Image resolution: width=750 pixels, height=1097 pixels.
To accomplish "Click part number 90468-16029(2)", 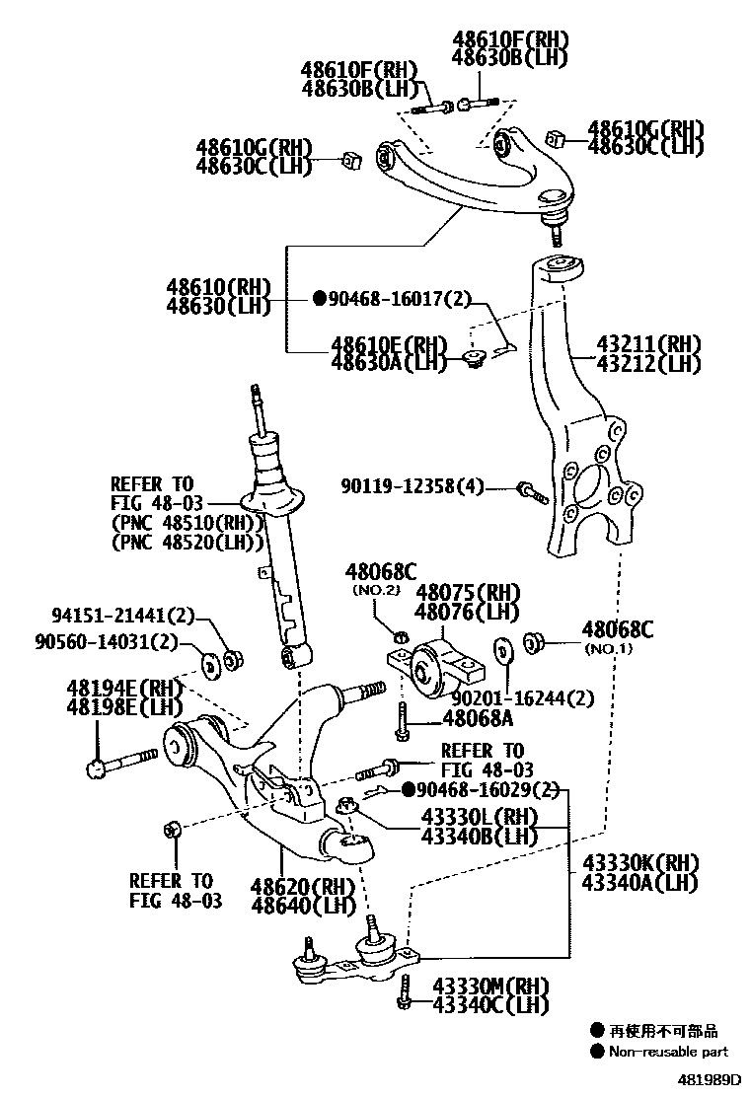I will (486, 790).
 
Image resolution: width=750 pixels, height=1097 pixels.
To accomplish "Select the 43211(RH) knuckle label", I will (647, 344).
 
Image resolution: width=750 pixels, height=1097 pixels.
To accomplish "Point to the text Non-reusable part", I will (668, 1052).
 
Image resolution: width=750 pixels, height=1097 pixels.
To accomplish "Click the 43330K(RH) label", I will (639, 861).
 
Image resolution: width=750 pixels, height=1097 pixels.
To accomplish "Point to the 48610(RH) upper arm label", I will (218, 287).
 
